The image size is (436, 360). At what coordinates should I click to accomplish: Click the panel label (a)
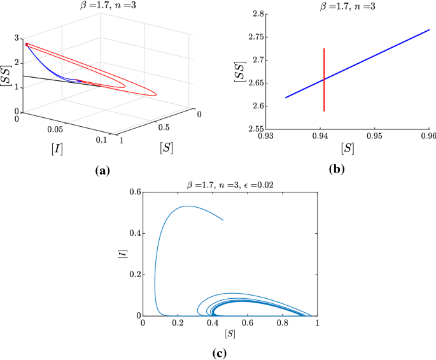(102, 170)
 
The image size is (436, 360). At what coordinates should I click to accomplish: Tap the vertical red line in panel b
(324, 70)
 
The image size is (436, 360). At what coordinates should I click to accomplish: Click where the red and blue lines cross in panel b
(324, 79)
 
